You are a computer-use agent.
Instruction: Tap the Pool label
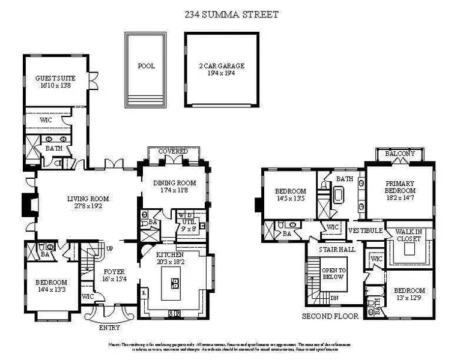146,66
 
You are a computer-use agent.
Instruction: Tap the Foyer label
112,275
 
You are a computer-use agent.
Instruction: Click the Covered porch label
173,151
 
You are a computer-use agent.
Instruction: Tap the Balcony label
399,154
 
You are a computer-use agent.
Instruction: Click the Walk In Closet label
408,235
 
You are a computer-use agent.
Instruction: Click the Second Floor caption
330,316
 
